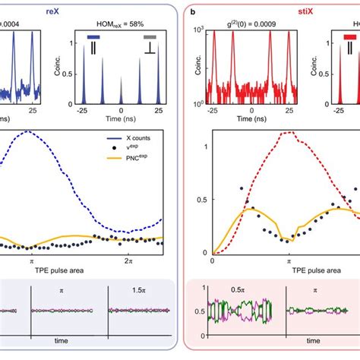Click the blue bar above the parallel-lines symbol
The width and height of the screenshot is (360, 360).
tap(94, 36)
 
